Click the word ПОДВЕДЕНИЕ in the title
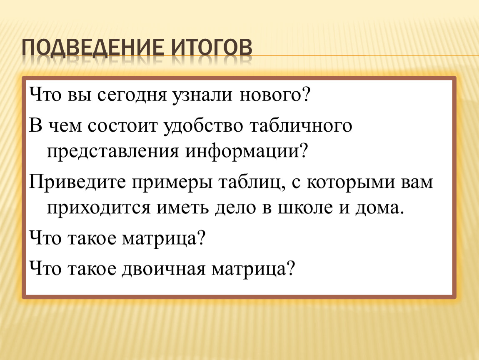[x=93, y=48]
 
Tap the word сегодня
[x=132, y=96]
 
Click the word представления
[x=112, y=152]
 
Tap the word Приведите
[x=77, y=183]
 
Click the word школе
[x=305, y=208]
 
